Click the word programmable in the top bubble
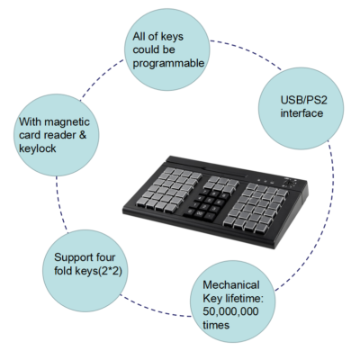coord(168,64)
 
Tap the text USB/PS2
coord(303,100)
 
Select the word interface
coord(301,113)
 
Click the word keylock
coord(38,148)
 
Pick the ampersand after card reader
coord(83,135)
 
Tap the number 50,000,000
coord(230,311)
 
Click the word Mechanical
coord(231,284)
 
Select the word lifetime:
coord(244,298)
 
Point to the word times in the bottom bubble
coord(216,325)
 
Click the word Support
coord(72,258)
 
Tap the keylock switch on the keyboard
coord(290,182)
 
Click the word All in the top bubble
coord(139,37)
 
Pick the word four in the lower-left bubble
coord(104,257)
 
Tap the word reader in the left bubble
coord(61,135)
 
